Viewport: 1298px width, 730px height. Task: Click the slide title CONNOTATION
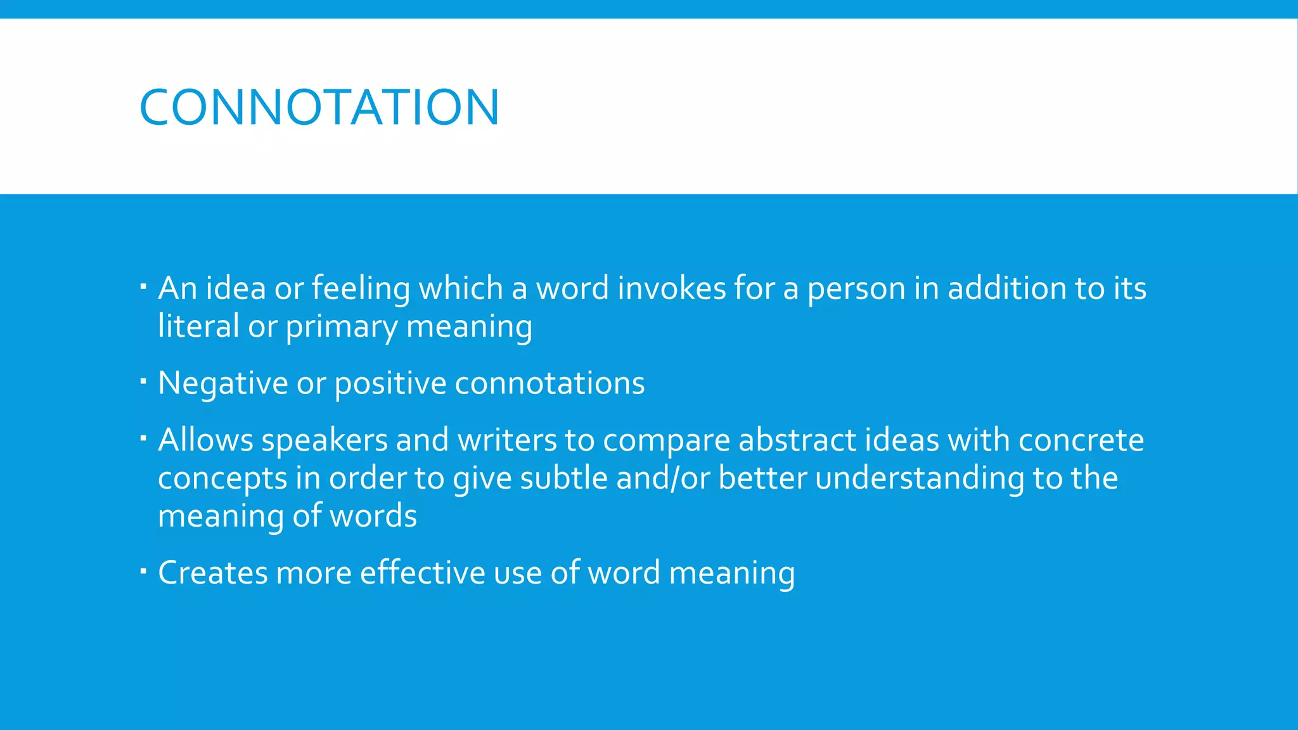319,107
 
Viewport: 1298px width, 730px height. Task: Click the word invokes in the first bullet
671,288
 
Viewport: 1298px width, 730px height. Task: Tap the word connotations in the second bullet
549,383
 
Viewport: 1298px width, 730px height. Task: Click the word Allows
205,440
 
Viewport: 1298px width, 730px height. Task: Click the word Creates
212,573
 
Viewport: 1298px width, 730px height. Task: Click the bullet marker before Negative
143,381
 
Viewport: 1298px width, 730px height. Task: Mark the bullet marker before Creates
143,571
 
